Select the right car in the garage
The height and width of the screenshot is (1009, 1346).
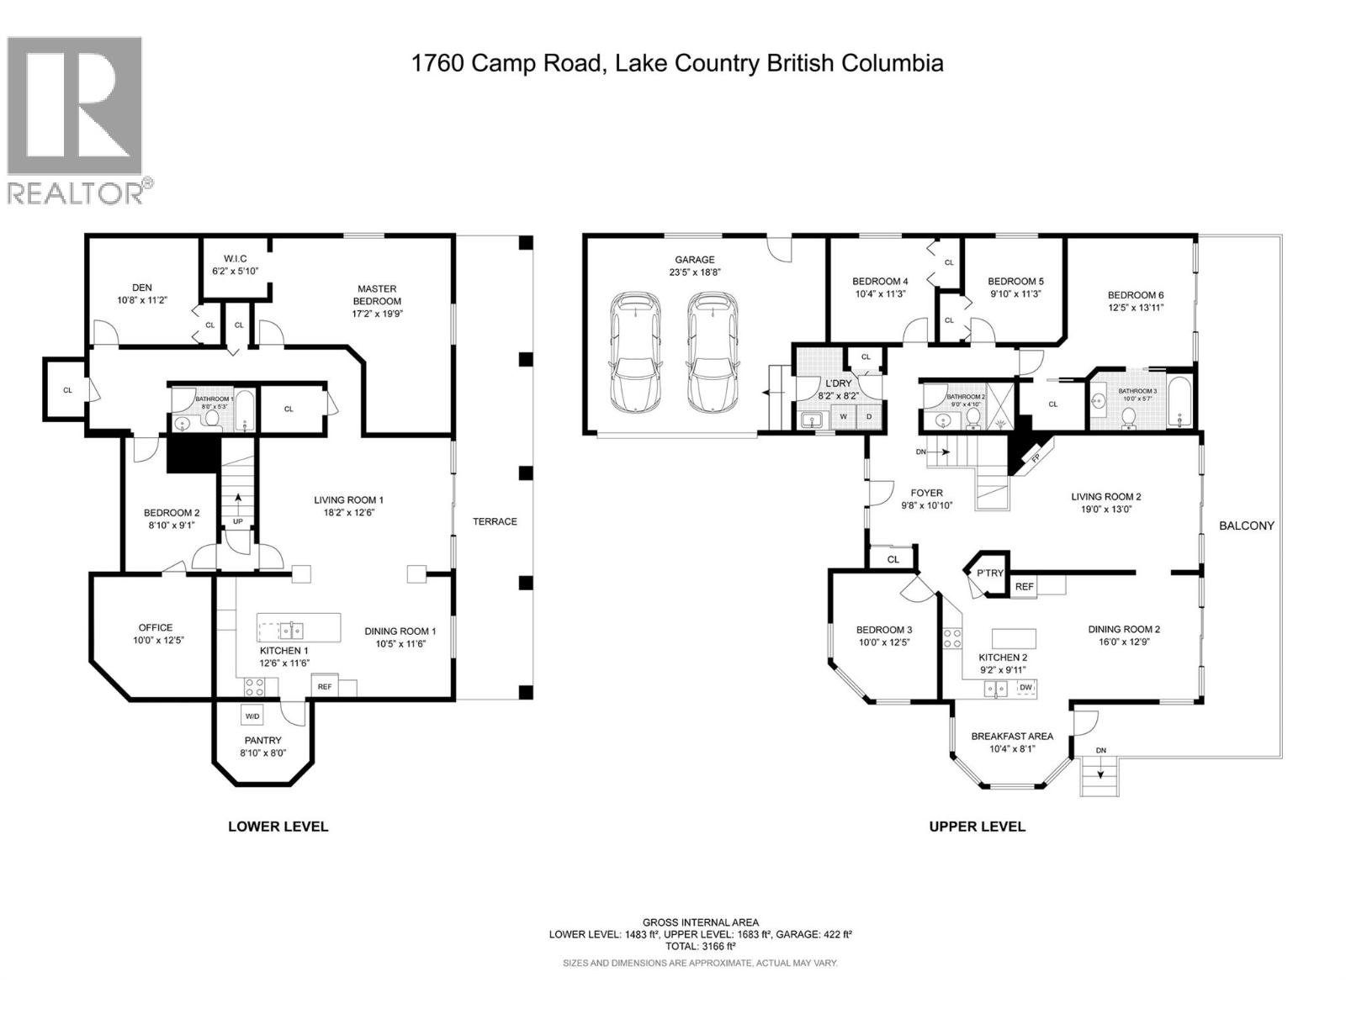tap(712, 351)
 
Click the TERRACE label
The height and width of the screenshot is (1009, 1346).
tap(495, 521)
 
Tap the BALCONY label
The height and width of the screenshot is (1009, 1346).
tap(1247, 526)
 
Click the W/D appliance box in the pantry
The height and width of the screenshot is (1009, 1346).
tap(252, 716)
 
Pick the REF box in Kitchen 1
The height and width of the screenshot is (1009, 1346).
tap(325, 686)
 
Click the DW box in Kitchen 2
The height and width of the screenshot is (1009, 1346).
tap(1025, 688)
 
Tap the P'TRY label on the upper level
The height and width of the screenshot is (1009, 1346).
tap(990, 573)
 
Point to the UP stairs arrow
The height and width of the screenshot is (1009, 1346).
tap(238, 507)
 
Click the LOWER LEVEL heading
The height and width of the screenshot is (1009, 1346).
tap(278, 827)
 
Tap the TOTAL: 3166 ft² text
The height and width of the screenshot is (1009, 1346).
tap(700, 946)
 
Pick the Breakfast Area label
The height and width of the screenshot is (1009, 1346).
tap(1011, 736)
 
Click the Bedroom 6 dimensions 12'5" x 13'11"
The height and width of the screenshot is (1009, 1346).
tap(1136, 308)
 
